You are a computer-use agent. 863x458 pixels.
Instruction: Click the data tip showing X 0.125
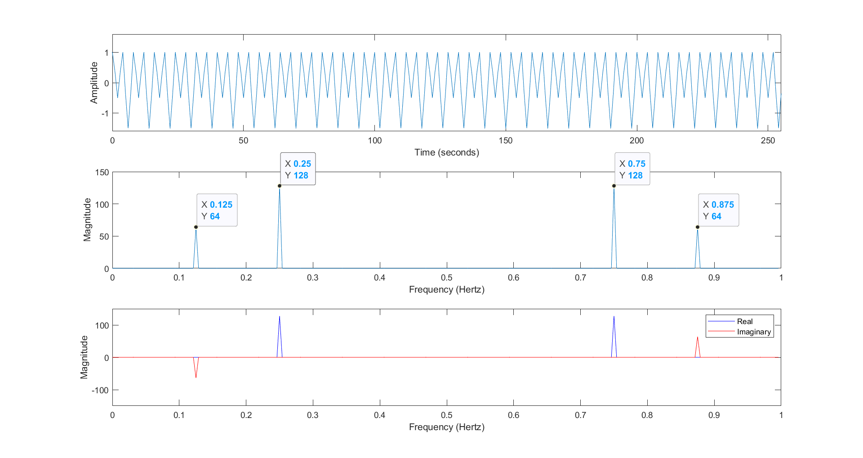217,210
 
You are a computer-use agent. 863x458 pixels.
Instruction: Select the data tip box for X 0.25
298,169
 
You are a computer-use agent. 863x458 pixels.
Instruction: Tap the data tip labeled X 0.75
632,169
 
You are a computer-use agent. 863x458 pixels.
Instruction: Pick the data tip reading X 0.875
718,210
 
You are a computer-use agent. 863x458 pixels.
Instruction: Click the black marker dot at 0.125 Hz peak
196,227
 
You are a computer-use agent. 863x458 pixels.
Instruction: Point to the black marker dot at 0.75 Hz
614,186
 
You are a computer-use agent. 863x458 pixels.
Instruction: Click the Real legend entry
744,321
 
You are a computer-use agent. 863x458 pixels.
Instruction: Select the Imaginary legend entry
753,332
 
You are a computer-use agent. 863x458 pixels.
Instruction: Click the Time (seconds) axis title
446,152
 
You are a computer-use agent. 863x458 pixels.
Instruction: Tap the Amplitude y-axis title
94,83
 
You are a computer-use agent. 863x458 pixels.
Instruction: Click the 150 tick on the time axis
506,141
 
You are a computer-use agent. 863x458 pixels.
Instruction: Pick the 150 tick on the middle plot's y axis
102,172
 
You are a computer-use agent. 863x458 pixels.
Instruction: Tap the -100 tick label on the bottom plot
100,390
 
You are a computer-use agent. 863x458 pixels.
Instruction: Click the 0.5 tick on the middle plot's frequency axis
446,278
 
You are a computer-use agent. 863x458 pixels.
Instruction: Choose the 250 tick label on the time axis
768,141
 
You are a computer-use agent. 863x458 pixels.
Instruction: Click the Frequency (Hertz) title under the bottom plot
446,427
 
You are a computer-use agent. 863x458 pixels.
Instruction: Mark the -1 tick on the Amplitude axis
105,113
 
